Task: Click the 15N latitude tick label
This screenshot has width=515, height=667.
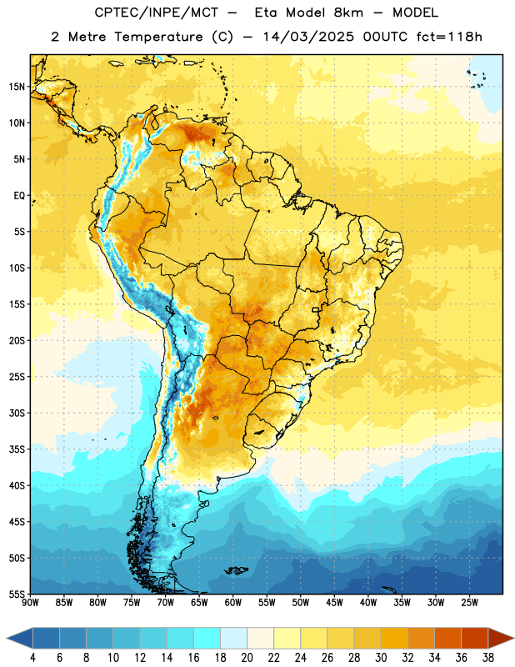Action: pyautogui.click(x=17, y=87)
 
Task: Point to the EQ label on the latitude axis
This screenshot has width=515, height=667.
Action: pyautogui.click(x=19, y=196)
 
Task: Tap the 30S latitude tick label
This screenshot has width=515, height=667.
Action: pyautogui.click(x=17, y=413)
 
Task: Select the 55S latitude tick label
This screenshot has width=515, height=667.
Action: pyautogui.click(x=17, y=594)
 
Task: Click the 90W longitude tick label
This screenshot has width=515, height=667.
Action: pyautogui.click(x=30, y=603)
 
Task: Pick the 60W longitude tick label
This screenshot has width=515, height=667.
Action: pyautogui.click(x=233, y=603)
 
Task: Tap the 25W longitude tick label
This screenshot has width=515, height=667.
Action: pyautogui.click(x=469, y=603)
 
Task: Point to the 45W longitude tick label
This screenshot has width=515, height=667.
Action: pyautogui.click(x=334, y=603)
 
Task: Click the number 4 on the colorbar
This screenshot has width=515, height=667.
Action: pyautogui.click(x=32, y=658)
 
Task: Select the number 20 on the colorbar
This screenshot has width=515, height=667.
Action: pyautogui.click(x=247, y=658)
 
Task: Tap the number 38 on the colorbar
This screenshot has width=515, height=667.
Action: pyautogui.click(x=488, y=658)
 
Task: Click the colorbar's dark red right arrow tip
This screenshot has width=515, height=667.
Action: pyautogui.click(x=513, y=638)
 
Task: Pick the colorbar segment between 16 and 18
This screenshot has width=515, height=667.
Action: pyautogui.click(x=207, y=638)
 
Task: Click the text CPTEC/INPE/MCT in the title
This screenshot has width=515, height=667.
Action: pyautogui.click(x=157, y=13)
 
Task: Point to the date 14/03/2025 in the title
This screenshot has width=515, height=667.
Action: pyautogui.click(x=308, y=37)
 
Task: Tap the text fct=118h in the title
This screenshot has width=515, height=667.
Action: pyautogui.click(x=449, y=37)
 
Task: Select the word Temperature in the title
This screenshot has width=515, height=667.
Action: pyautogui.click(x=158, y=37)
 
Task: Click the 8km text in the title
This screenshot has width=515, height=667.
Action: pyautogui.click(x=348, y=13)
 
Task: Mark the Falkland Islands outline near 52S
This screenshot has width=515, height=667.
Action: pyautogui.click(x=237, y=570)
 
